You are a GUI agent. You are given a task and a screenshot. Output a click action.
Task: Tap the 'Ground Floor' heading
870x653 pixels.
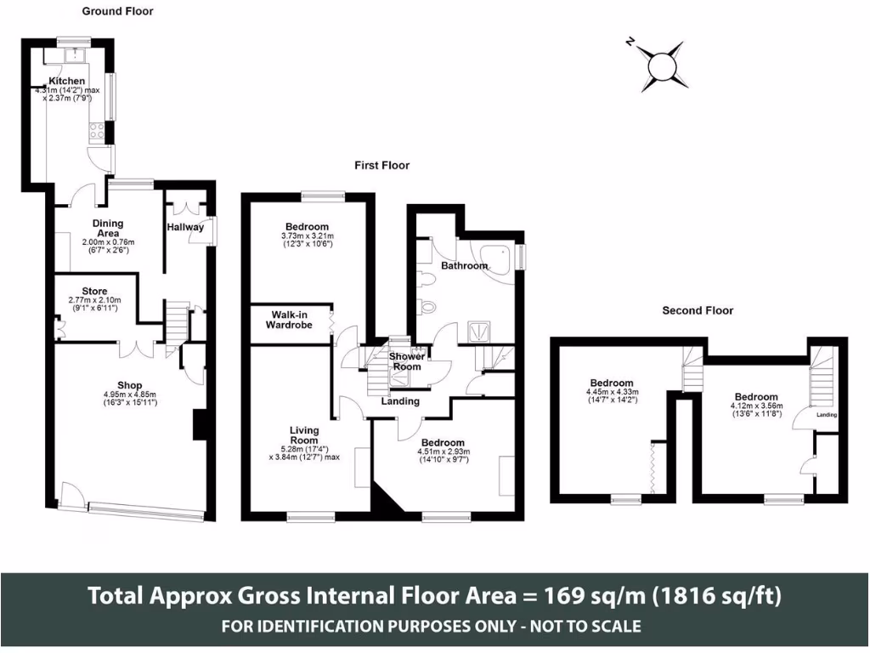pyautogui.click(x=118, y=12)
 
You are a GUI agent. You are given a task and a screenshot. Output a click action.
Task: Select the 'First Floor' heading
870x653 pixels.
pyautogui.click(x=381, y=165)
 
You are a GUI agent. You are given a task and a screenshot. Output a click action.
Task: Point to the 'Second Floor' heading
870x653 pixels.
pyautogui.click(x=698, y=310)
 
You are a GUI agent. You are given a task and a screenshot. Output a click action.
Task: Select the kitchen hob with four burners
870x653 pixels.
pyautogui.click(x=97, y=132)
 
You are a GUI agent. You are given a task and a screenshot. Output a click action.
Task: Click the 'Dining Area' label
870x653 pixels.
pyautogui.click(x=108, y=228)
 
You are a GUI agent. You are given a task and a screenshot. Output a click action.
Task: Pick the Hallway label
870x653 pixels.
pyautogui.click(x=185, y=227)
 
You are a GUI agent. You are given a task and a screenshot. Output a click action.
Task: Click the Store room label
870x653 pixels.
pyautogui.click(x=94, y=291)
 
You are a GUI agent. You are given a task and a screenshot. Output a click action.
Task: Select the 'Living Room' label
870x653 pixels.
pyautogui.click(x=303, y=434)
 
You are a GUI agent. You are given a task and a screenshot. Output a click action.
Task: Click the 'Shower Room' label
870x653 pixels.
pyautogui.click(x=406, y=361)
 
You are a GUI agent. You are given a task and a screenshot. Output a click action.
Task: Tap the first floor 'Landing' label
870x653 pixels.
pyautogui.click(x=399, y=400)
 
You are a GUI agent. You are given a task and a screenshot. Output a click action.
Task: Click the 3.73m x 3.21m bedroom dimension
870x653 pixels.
pyautogui.click(x=307, y=236)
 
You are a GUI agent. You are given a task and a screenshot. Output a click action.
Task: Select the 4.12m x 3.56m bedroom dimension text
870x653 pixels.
pyautogui.click(x=755, y=406)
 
